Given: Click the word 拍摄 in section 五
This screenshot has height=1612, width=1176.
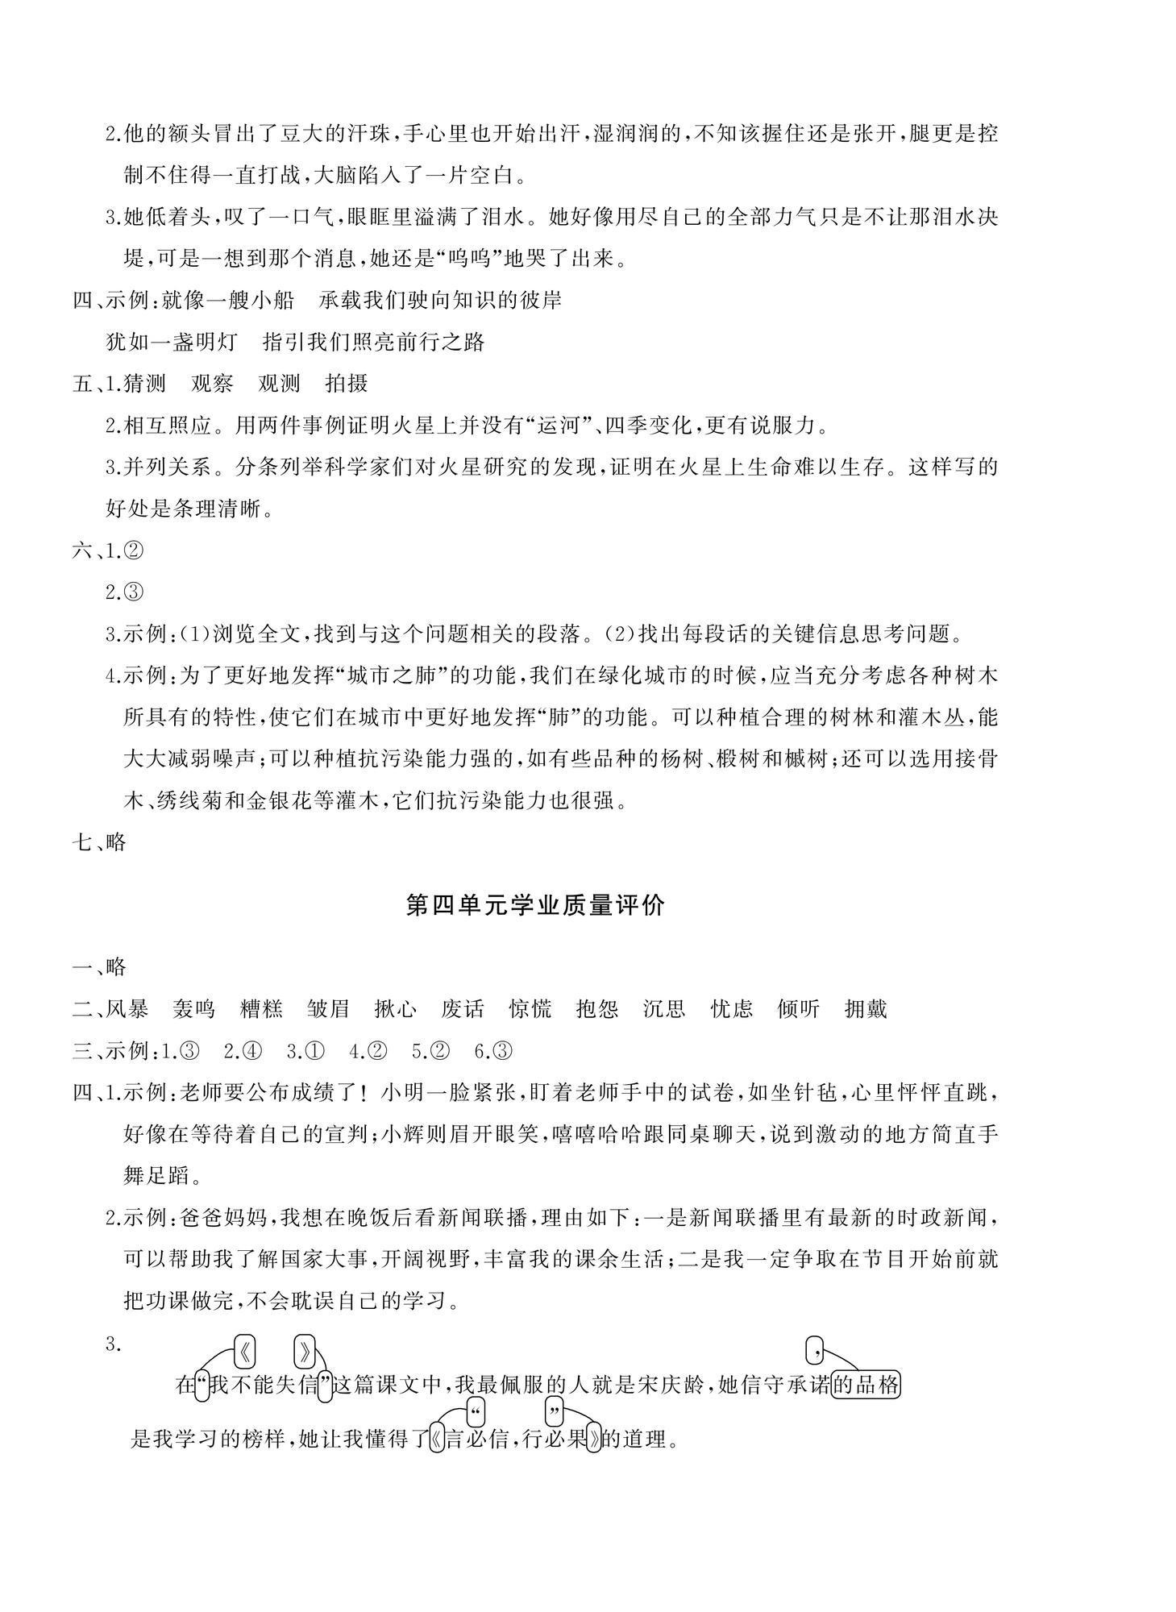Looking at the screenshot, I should point(346,384).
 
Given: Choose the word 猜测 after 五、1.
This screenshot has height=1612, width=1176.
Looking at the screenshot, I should point(144,384).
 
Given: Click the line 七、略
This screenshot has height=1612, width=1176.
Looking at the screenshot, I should point(100,842).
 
